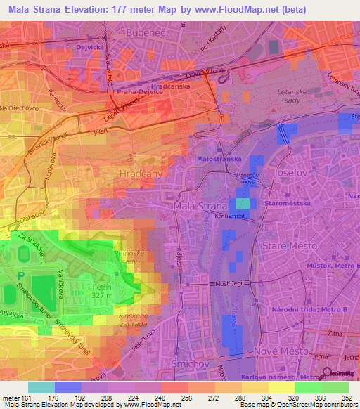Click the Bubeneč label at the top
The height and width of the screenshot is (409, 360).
coord(141,32)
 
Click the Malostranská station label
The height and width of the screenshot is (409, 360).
coord(220,160)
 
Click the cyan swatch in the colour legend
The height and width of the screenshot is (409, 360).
coord(41,387)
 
